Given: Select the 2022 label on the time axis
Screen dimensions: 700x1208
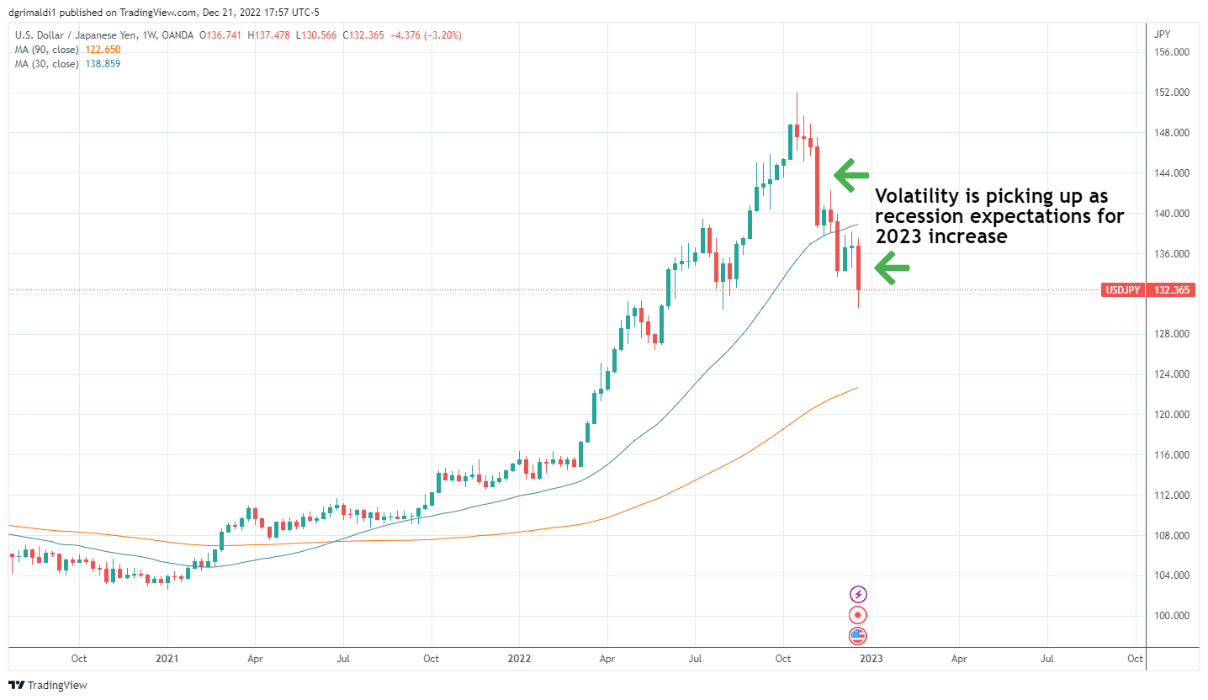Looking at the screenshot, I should pos(519,659).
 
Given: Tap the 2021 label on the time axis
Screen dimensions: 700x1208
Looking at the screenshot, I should pos(167,659).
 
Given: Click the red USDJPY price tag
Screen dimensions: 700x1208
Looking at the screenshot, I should pos(1121,290).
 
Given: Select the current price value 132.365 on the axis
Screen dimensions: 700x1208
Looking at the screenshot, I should pos(1172,290).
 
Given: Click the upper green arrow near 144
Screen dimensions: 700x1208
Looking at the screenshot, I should pos(851,174).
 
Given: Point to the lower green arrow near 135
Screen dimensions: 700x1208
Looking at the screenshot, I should pos(893,268).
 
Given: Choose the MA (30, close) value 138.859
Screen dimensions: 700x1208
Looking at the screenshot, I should pos(103,64).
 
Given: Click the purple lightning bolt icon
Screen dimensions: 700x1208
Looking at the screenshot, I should pos(858,594).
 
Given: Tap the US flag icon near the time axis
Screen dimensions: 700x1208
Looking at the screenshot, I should pos(858,636).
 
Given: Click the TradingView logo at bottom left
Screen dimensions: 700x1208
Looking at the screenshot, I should pos(48,685).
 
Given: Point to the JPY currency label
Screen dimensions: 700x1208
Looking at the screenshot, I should pos(1163,34).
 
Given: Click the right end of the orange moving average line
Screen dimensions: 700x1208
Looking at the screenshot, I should pos(857,388).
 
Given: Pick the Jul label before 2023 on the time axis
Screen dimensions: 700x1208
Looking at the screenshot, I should pos(696,659).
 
